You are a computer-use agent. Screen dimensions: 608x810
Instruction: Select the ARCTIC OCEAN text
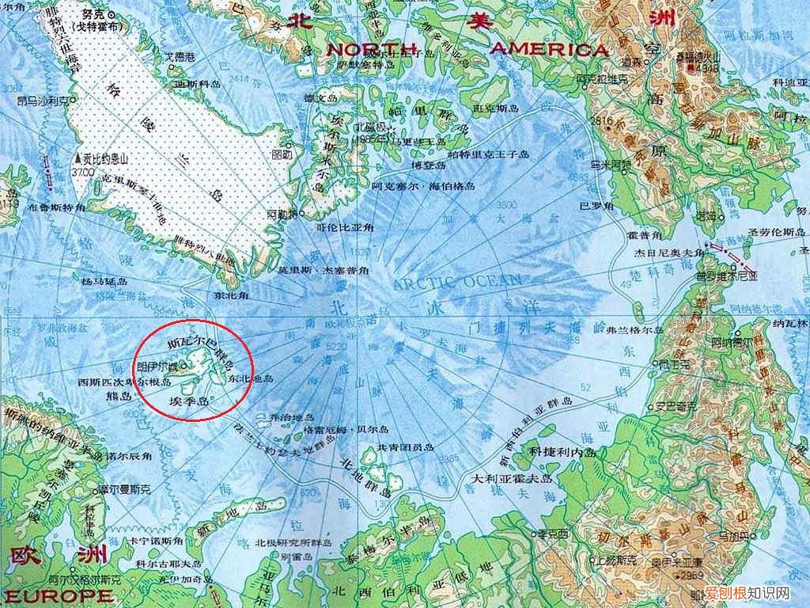coord(458,281)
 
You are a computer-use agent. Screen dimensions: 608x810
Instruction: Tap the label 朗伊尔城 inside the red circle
coord(157,367)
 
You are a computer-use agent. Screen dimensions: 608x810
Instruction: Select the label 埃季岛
coord(188,402)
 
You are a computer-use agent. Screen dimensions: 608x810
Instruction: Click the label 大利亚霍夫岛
coord(513,479)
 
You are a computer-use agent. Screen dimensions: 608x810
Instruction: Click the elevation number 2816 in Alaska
coord(600,121)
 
